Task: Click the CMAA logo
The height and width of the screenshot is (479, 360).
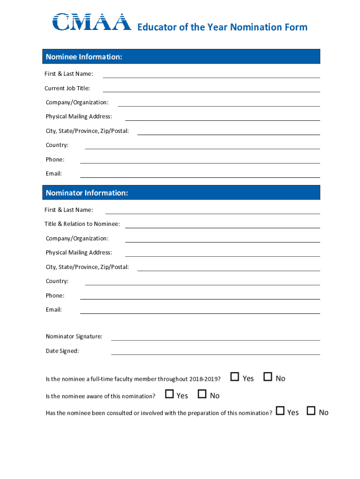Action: pos(92,22)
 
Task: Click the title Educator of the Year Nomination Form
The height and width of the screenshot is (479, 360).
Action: pos(222,27)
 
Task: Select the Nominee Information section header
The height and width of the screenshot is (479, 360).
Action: pos(181,57)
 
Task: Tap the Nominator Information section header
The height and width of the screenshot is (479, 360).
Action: pos(181,193)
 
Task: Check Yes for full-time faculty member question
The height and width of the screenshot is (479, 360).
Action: pos(235,377)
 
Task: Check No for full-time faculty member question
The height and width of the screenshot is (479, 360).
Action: pos(268,377)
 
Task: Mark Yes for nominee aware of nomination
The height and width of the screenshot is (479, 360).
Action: pos(169,394)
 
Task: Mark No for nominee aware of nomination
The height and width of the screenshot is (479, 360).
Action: pos(202,394)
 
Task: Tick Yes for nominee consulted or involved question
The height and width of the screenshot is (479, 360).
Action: pos(280,411)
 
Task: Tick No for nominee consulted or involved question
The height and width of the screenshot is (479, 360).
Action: pos(311,411)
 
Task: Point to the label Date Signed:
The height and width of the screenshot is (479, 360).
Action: pos(62,351)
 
